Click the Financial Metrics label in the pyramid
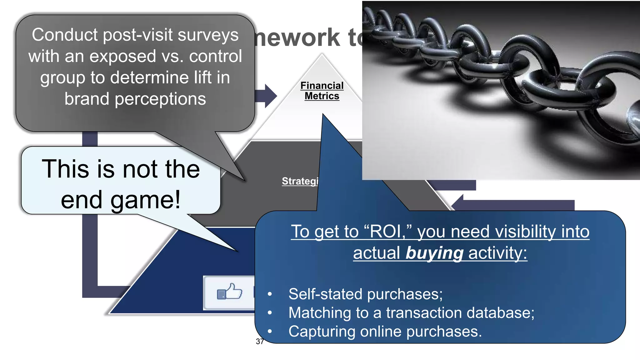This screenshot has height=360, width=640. [x=322, y=91]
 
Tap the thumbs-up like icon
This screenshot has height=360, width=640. [x=230, y=292]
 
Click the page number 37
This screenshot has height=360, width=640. [x=259, y=342]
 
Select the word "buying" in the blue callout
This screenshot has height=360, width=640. [x=434, y=253]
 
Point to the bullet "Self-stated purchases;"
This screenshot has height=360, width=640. [x=365, y=294]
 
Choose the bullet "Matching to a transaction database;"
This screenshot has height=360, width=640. [x=411, y=313]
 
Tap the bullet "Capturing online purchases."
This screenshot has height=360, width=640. [x=385, y=332]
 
